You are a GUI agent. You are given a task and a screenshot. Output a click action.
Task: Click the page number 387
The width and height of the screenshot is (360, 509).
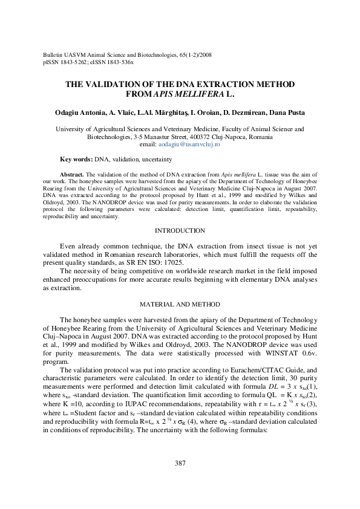tap(180, 464)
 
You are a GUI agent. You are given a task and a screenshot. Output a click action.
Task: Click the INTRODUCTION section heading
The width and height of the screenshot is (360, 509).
tap(180, 248)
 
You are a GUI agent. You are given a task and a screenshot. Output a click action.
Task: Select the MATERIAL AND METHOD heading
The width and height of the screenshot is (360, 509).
tap(180, 304)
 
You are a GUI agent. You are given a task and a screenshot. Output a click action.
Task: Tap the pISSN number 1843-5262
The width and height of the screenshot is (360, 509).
tap(69, 61)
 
